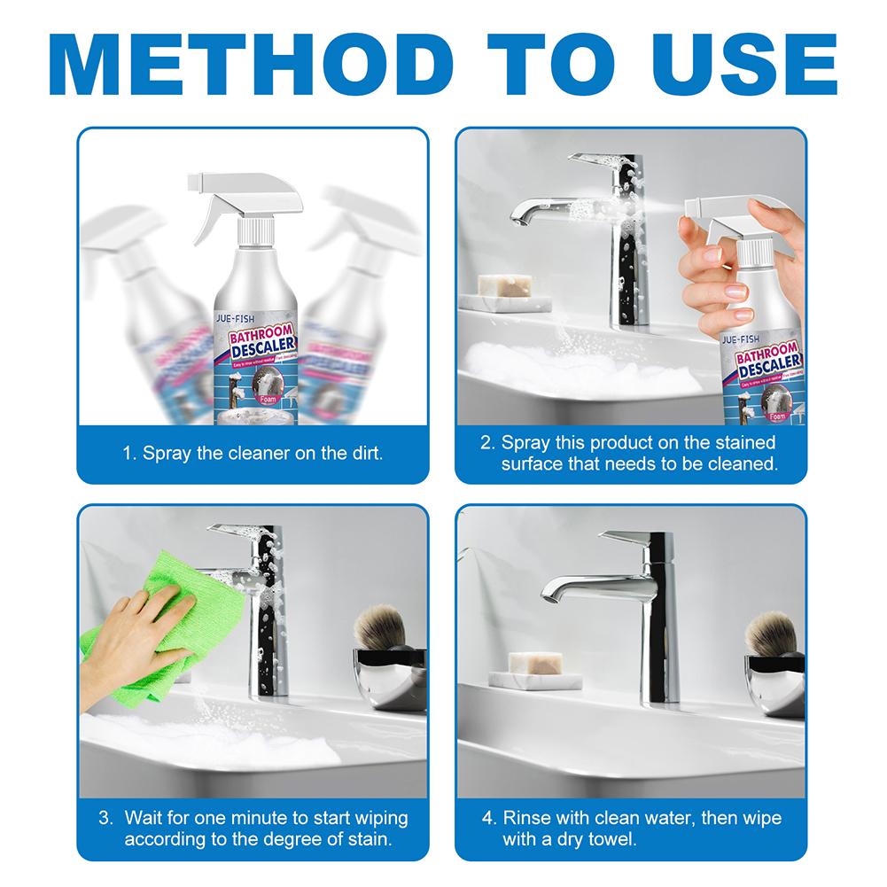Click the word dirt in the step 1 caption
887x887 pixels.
click(360, 455)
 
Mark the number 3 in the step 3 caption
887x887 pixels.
click(104, 817)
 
